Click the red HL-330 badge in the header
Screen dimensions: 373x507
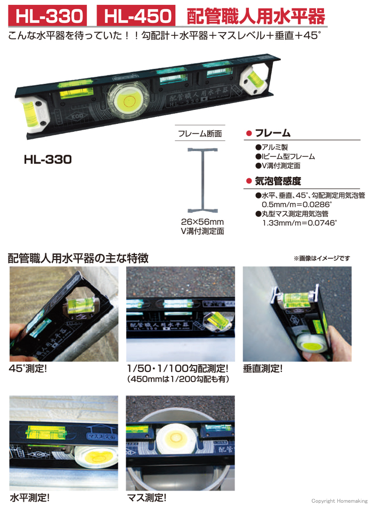click(47, 15)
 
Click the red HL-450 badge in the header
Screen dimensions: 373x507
click(136, 15)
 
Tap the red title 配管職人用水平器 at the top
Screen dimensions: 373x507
click(256, 17)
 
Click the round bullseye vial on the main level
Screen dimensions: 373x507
click(128, 100)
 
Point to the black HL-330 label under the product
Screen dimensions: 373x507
click(48, 160)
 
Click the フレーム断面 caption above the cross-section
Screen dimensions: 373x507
click(200, 133)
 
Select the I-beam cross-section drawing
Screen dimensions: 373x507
click(203, 180)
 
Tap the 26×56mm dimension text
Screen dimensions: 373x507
click(202, 222)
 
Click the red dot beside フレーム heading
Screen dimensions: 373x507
click(249, 133)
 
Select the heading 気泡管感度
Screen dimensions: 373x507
click(278, 181)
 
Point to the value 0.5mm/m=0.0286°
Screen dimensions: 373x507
click(297, 204)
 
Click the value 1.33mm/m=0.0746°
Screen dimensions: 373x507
click(299, 223)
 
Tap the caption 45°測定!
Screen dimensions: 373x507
click(28, 368)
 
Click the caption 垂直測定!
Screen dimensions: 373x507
click(263, 368)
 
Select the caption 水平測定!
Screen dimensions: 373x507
click(30, 497)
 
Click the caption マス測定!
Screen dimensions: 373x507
click(147, 497)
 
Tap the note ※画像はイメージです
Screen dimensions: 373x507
click(322, 258)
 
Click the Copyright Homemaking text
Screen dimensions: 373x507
click(339, 501)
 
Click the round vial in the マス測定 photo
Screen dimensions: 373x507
click(176, 439)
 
